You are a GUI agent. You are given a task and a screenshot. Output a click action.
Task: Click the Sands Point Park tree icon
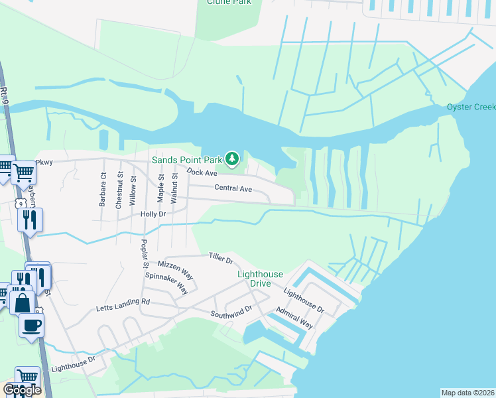tap(232, 159)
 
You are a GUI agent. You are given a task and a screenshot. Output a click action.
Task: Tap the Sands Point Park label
tap(188, 160)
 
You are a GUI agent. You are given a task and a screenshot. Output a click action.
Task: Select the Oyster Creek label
tap(471, 107)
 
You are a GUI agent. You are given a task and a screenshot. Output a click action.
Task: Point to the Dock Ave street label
tap(202, 172)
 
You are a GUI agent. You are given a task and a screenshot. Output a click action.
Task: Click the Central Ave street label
tap(233, 188)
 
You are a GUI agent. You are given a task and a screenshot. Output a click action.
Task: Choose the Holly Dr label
tap(153, 214)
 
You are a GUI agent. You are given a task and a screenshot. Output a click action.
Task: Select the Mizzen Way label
tap(178, 264)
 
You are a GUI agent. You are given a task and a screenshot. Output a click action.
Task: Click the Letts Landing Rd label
tap(123, 302)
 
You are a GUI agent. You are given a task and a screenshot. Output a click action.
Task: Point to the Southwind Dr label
tap(232, 311)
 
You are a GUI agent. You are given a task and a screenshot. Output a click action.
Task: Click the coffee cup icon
tap(31, 325)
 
